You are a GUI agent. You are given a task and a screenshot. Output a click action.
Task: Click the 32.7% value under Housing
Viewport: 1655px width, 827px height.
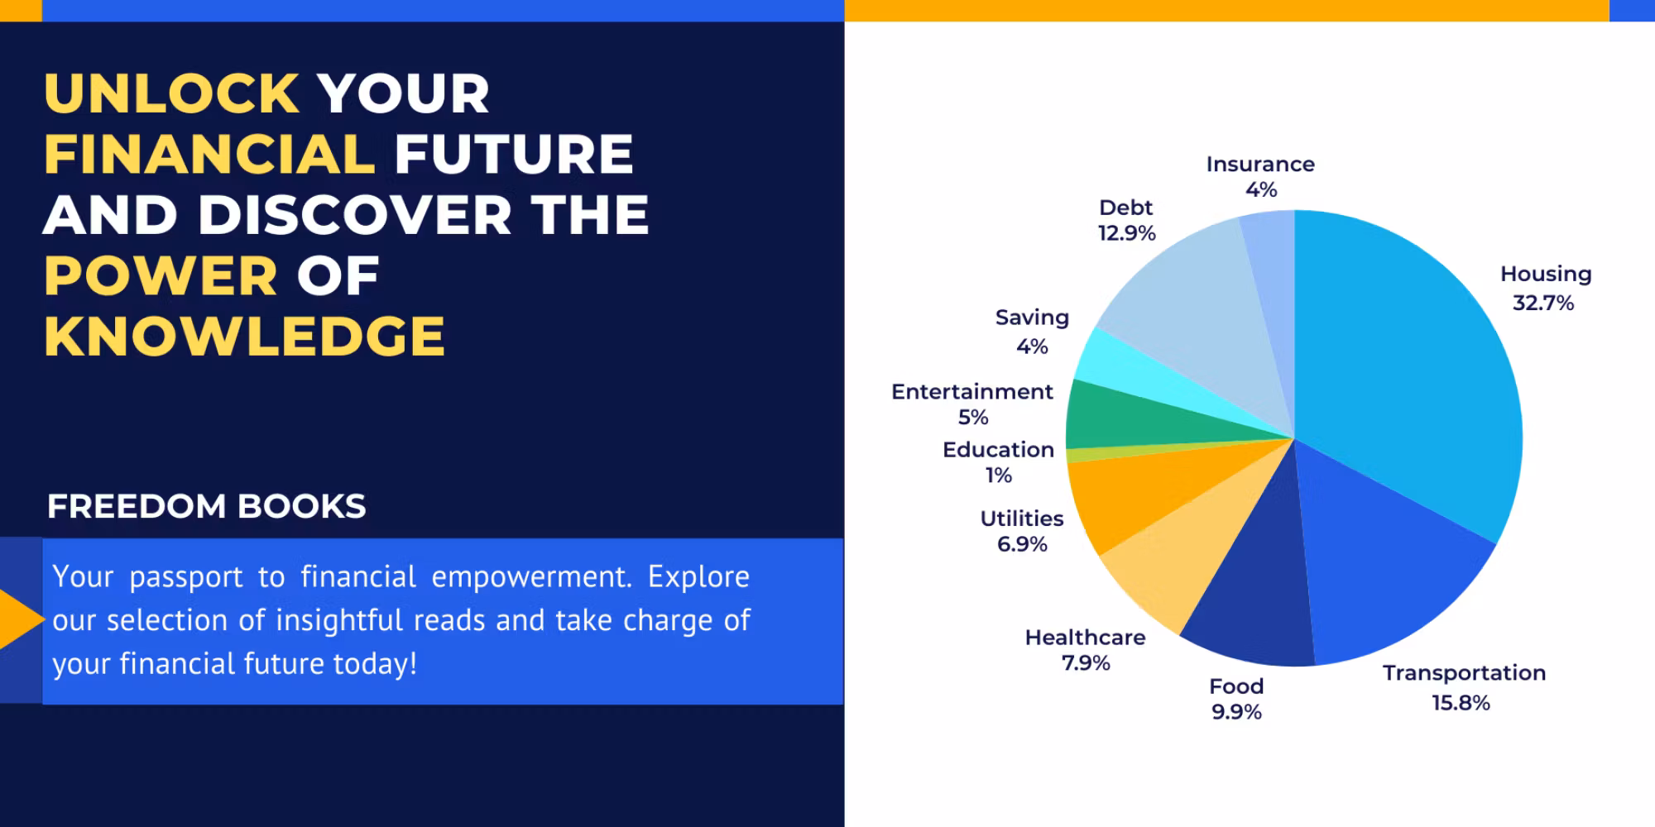point(1543,304)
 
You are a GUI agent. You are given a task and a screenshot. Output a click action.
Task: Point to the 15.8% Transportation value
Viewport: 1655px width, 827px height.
point(1461,703)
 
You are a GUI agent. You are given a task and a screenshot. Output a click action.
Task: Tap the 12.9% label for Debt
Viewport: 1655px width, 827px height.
point(1126,233)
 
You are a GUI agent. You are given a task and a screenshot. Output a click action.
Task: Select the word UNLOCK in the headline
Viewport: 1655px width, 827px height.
point(171,93)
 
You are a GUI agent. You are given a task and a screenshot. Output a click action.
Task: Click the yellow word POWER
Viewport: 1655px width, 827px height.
point(161,275)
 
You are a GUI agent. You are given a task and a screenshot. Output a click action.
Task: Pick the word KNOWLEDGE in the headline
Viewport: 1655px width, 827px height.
point(244,336)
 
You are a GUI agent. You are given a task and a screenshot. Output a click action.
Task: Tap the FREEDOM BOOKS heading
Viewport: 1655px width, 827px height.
point(206,506)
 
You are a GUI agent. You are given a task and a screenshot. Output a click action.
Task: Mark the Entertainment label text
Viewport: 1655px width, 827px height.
point(972,392)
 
